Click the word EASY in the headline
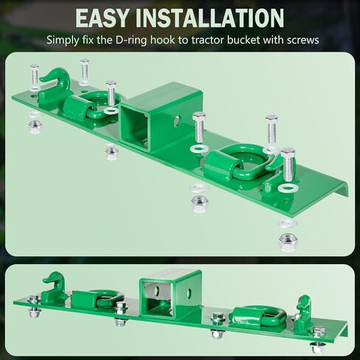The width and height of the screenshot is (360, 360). pos(102,18)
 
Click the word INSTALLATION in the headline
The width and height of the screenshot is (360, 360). pos(210,18)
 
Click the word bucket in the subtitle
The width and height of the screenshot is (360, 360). pos(243,40)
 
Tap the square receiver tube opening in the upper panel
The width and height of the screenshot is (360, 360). pos(133,127)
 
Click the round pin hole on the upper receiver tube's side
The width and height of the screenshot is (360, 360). pos(176,121)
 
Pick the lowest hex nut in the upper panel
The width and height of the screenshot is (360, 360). pos(288,242)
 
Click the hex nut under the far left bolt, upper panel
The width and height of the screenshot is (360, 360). pos(35,127)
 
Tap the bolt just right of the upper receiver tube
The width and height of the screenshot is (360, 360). pos(198,128)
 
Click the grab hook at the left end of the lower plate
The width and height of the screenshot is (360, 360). pos(54,285)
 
